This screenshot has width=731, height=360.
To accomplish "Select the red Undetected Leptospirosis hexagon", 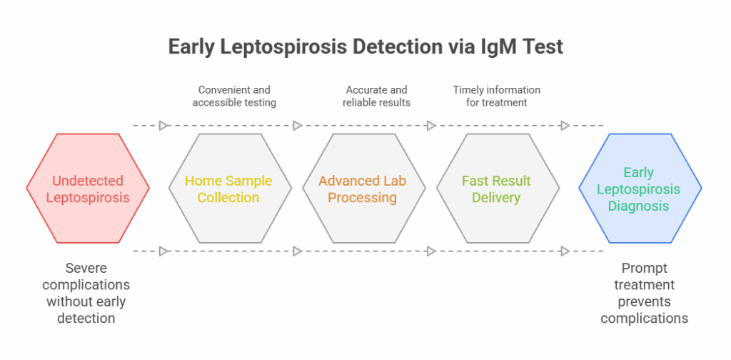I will click(x=88, y=189).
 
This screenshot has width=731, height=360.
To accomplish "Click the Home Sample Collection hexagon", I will click(x=229, y=189).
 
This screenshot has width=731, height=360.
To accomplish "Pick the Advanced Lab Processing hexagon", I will click(x=363, y=189).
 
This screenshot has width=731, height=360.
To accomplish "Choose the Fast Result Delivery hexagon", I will click(x=496, y=189).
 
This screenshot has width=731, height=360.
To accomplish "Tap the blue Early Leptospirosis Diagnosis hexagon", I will click(x=640, y=189).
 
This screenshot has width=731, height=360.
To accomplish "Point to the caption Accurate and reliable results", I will click(x=376, y=96).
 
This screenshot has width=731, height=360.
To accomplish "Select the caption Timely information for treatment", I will click(x=496, y=96).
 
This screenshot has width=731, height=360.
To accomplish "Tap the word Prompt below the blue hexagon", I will click(x=645, y=268).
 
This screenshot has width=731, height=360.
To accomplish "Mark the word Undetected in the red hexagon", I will click(x=88, y=181).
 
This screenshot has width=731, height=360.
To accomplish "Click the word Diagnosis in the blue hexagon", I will click(x=640, y=206).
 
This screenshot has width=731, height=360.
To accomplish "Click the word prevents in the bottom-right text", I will click(x=645, y=301).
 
